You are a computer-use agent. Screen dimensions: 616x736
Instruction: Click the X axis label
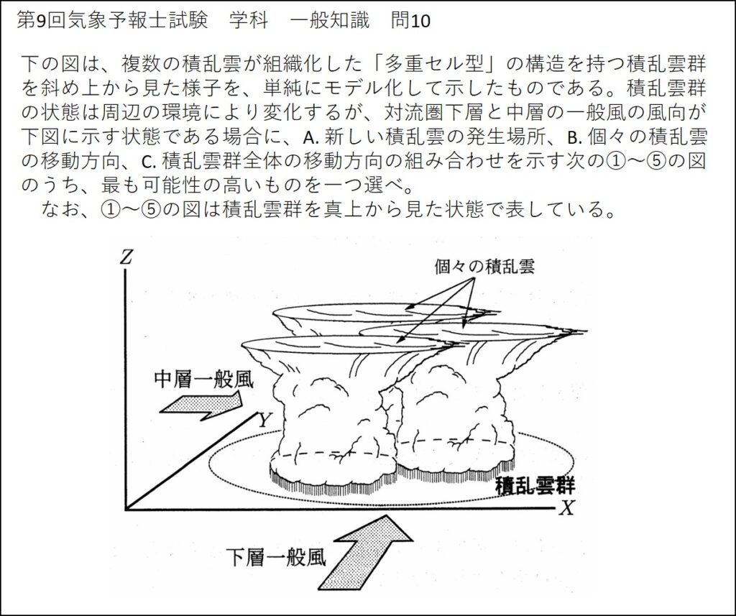pos(567,508)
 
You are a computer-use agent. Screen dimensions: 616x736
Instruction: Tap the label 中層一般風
pos(204,380)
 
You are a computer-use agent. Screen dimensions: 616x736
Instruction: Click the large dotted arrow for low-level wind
pos(359,553)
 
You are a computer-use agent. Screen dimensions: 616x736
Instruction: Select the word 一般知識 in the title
pos(330,21)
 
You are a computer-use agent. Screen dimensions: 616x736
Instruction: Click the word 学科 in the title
pos(247,21)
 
